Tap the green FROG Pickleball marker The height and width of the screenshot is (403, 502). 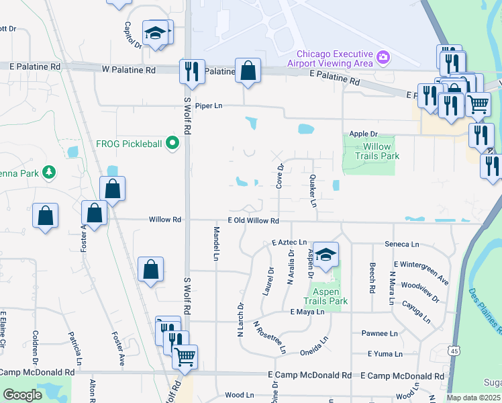172,142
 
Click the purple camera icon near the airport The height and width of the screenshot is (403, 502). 383,56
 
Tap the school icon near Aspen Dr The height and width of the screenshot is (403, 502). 325,255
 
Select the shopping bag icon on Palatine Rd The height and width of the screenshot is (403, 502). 248,71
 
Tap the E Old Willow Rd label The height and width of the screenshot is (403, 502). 253,220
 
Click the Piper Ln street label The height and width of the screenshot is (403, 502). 208,106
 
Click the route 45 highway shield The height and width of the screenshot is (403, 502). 454,351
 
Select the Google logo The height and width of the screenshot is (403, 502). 23,395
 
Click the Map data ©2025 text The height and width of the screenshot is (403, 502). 472,398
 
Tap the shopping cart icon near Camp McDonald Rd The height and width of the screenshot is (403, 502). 185,356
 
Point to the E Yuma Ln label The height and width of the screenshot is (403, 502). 385,353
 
